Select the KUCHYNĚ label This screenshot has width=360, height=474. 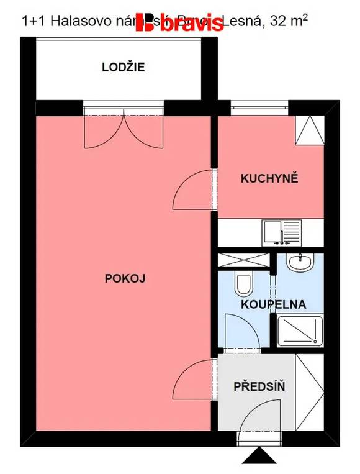[270, 179]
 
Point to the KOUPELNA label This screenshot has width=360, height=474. [274, 305]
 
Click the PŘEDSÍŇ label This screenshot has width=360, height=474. [259, 386]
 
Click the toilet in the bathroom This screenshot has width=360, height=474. [243, 284]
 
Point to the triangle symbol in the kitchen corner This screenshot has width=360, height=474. [309, 130]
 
